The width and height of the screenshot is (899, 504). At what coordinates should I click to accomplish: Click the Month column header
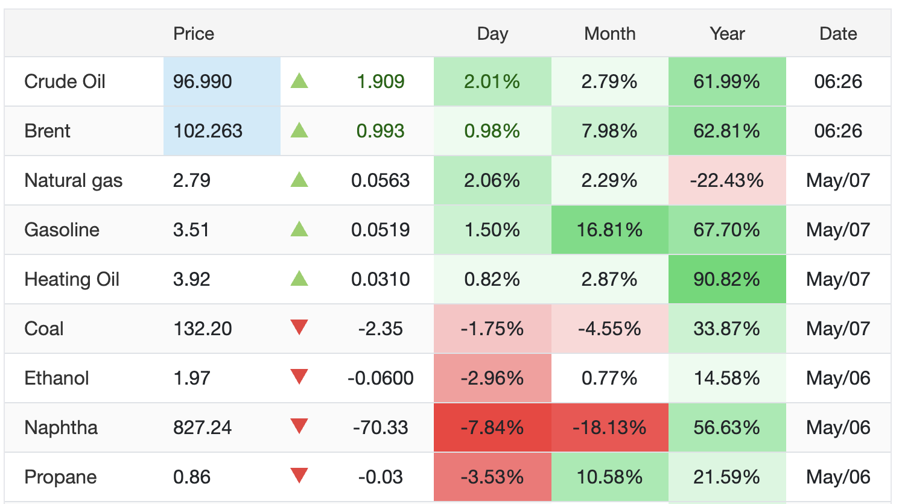pyautogui.click(x=609, y=34)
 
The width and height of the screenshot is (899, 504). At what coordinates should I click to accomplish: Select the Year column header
pyautogui.click(x=727, y=34)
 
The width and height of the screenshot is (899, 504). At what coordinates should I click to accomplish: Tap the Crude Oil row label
pyautogui.click(x=65, y=81)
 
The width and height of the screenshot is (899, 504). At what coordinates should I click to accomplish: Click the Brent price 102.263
pyautogui.click(x=208, y=131)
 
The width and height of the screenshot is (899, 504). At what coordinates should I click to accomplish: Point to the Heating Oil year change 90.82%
pyautogui.click(x=726, y=279)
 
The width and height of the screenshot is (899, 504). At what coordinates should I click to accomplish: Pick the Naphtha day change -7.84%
pyautogui.click(x=492, y=427)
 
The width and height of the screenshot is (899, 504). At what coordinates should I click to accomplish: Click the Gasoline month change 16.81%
pyautogui.click(x=609, y=230)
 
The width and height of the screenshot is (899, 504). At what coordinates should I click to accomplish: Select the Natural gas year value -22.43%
pyautogui.click(x=726, y=180)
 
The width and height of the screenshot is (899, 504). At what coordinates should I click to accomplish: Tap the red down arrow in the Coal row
pyautogui.click(x=299, y=327)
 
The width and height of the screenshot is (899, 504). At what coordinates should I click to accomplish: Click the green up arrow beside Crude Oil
pyautogui.click(x=299, y=81)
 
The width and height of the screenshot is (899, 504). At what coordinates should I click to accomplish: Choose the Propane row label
pyautogui.click(x=60, y=477)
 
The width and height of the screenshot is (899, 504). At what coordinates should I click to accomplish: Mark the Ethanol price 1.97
pyautogui.click(x=191, y=378)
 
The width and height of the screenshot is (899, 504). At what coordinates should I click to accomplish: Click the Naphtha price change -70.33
pyautogui.click(x=381, y=427)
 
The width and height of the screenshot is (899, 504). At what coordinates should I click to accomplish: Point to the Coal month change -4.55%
pyautogui.click(x=609, y=329)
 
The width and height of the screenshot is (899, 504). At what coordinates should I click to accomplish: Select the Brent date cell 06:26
pyautogui.click(x=838, y=131)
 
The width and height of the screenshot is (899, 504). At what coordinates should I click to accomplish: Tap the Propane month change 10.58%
pyautogui.click(x=609, y=477)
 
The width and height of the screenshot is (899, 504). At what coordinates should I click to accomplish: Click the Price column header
pyautogui.click(x=194, y=34)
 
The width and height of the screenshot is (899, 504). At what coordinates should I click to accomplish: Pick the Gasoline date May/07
pyautogui.click(x=838, y=230)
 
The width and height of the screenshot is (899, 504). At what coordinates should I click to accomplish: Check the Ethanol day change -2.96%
pyautogui.click(x=492, y=378)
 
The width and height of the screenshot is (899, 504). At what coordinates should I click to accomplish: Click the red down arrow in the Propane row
pyautogui.click(x=299, y=476)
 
